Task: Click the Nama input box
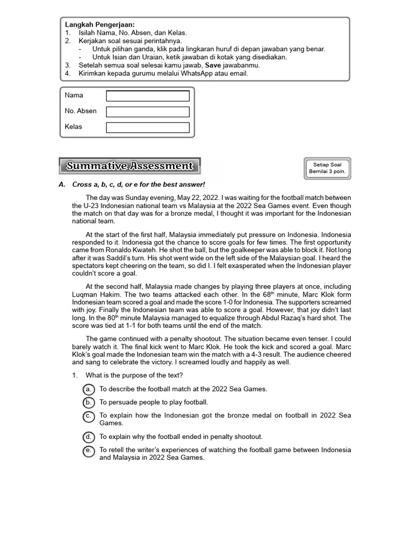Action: coord(147,96)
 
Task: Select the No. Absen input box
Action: coord(147,112)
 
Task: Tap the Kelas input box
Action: coord(147,127)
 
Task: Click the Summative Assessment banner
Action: coord(129,166)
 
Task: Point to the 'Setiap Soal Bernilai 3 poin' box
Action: coord(328,168)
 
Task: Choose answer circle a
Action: coord(89,389)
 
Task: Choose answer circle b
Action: coord(89,402)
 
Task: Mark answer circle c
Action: coord(89,415)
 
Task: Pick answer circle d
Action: coord(89,437)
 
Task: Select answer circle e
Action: coord(89,450)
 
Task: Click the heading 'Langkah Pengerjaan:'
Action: coord(100,25)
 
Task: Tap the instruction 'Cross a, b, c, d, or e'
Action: coord(113,184)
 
